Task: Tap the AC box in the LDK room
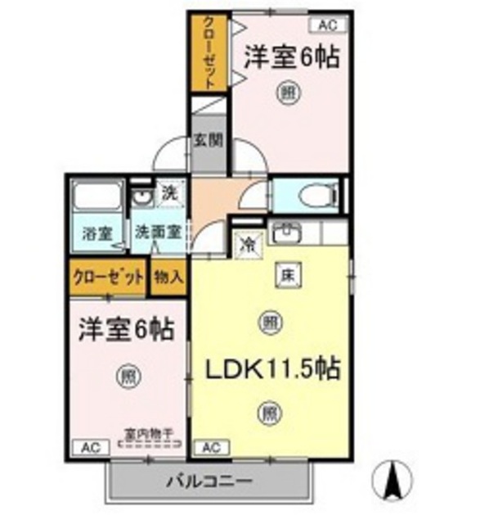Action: pos(210,447)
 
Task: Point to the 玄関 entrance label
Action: pos(208,140)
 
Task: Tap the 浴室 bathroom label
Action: pos(96,233)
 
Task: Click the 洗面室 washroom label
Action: pos(159,232)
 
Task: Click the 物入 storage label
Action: pos(168,277)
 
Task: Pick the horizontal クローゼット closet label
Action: pos(107,277)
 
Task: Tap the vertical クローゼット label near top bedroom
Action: pos(210,52)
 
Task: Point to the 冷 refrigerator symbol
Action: pos(246,242)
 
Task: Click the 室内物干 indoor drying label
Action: pos(151,435)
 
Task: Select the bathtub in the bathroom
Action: pos(96,200)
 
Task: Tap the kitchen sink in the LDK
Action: pos(285,233)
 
